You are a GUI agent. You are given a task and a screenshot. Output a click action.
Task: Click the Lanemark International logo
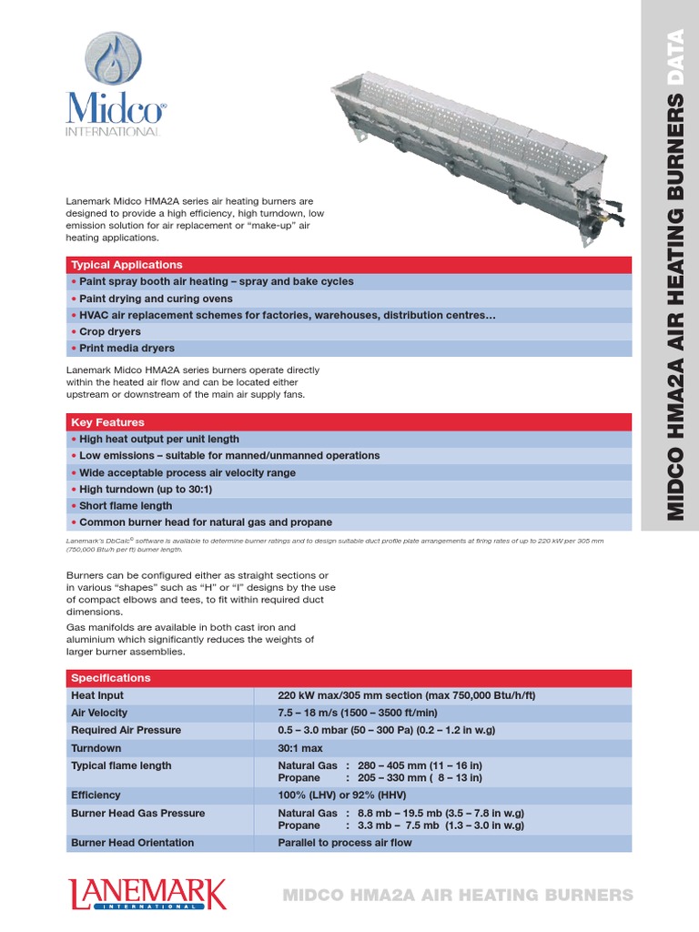(147, 893)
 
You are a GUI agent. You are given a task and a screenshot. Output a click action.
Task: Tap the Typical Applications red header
(127, 265)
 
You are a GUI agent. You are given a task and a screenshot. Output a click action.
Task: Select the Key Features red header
(107, 422)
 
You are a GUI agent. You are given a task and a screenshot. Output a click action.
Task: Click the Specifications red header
(111, 678)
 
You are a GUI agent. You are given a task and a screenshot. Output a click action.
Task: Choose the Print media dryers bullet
(127, 349)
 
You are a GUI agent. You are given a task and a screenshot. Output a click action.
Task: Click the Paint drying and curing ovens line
(156, 299)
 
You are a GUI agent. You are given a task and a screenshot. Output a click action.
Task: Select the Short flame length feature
(126, 506)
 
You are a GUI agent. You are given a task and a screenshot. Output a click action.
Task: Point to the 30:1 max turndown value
(300, 748)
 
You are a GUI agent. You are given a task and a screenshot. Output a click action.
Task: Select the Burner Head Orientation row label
(132, 843)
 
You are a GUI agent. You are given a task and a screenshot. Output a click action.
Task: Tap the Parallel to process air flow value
(345, 843)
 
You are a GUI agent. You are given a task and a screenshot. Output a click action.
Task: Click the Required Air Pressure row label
(126, 730)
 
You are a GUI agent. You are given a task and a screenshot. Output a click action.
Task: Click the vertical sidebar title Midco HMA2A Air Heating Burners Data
(674, 273)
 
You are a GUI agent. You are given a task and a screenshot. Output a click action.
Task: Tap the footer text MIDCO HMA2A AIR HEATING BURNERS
(457, 895)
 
